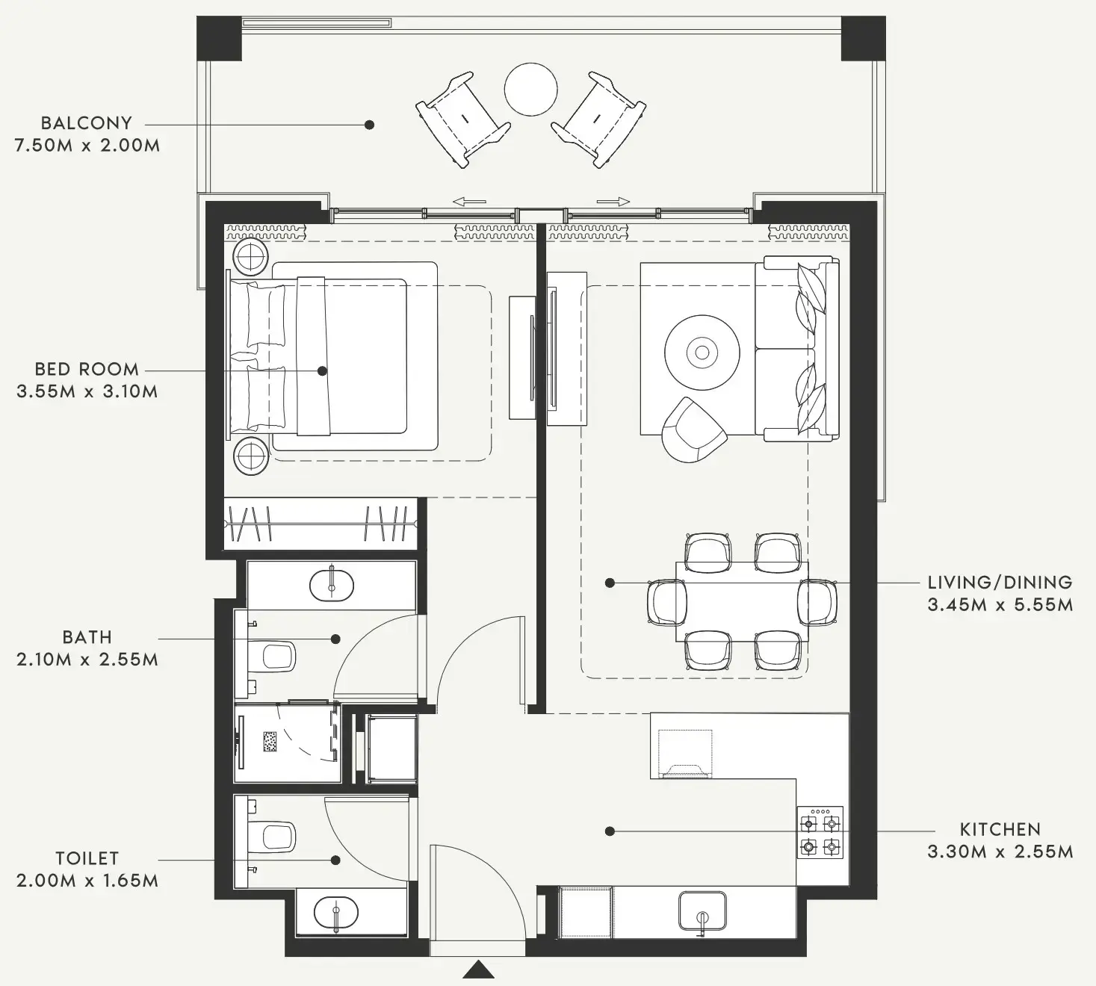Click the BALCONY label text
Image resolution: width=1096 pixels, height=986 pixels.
(x=86, y=123)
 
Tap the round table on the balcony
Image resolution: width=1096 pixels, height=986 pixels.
(x=530, y=90)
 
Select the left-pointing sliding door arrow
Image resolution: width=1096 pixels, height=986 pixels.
(x=469, y=202)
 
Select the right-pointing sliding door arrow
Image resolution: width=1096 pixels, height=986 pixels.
(x=613, y=202)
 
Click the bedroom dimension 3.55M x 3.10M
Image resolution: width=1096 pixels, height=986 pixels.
(x=87, y=391)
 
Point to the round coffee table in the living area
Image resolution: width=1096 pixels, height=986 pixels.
(x=702, y=352)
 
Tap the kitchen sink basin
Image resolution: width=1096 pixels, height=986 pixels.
(x=702, y=910)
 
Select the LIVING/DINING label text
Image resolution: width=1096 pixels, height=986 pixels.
(x=1000, y=583)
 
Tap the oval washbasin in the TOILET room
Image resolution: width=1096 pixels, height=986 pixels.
(x=335, y=913)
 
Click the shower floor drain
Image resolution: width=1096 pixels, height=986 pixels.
(x=270, y=742)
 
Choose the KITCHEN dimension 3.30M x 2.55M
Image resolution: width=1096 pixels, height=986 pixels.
(x=1000, y=852)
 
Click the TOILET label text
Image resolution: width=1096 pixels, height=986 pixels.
(x=87, y=859)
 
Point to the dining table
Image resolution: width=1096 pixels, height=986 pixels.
(x=742, y=601)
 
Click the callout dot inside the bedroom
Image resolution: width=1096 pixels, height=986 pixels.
(x=322, y=370)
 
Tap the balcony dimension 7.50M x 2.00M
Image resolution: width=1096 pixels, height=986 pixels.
(x=87, y=146)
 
